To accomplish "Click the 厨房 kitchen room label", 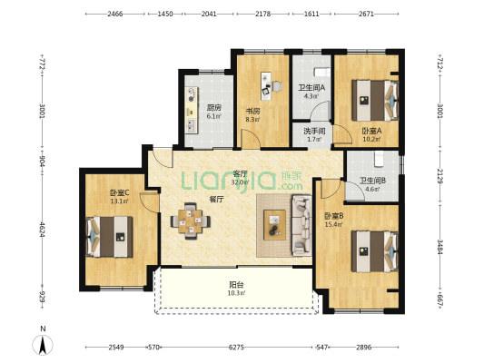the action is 214,108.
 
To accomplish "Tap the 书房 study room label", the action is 252,111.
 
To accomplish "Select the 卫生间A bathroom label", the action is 311,88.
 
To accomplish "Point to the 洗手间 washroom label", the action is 314,131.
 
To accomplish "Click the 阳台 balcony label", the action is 236,284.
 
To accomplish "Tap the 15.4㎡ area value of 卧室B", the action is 333,224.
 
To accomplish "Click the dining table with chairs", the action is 191,221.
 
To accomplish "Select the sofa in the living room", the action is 301,225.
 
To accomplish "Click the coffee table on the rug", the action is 274,224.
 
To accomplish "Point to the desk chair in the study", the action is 277,86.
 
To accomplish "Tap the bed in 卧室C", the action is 109,237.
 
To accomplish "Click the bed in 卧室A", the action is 375,101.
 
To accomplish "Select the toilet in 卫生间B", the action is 379,158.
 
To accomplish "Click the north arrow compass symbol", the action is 43,344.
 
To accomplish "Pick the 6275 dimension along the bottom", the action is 236,348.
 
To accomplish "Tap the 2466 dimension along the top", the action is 115,14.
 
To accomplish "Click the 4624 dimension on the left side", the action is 43,230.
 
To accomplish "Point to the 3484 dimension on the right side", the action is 440,247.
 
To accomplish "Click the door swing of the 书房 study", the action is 251,139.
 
